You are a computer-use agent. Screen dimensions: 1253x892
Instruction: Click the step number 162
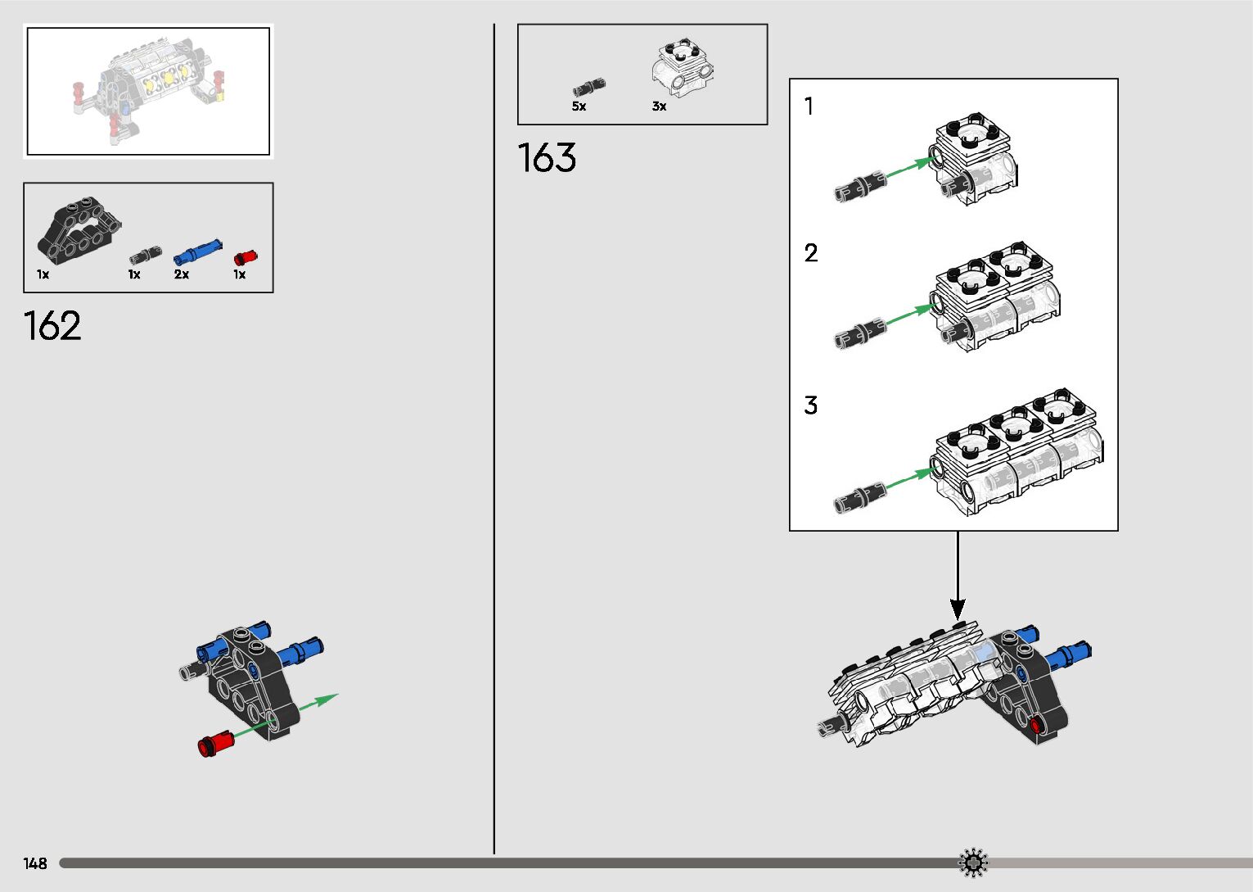click(x=53, y=326)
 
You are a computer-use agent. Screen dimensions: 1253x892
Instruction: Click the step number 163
click(x=547, y=158)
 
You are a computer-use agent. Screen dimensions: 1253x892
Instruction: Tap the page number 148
click(x=35, y=863)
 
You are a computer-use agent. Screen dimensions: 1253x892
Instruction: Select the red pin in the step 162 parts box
click(x=245, y=257)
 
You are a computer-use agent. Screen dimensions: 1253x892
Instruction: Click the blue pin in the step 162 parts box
click(x=197, y=249)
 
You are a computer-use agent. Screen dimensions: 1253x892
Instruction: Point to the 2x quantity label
click(x=181, y=274)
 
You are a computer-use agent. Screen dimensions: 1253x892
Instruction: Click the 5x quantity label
click(x=579, y=106)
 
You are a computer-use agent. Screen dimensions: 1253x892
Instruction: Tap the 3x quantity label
click(x=659, y=106)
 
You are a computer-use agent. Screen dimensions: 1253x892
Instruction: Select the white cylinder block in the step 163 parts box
click(x=682, y=67)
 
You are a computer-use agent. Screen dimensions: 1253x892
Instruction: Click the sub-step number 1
click(x=809, y=106)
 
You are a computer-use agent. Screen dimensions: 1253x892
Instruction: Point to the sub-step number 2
click(x=810, y=252)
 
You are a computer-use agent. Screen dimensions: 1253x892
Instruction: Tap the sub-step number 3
click(x=810, y=405)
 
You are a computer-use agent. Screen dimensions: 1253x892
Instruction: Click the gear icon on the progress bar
click(x=973, y=863)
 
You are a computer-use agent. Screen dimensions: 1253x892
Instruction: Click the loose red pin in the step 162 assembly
click(x=215, y=744)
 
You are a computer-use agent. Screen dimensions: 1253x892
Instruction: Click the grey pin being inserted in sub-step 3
click(x=859, y=497)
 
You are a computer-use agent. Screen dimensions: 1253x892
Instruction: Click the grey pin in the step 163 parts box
click(x=588, y=87)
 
